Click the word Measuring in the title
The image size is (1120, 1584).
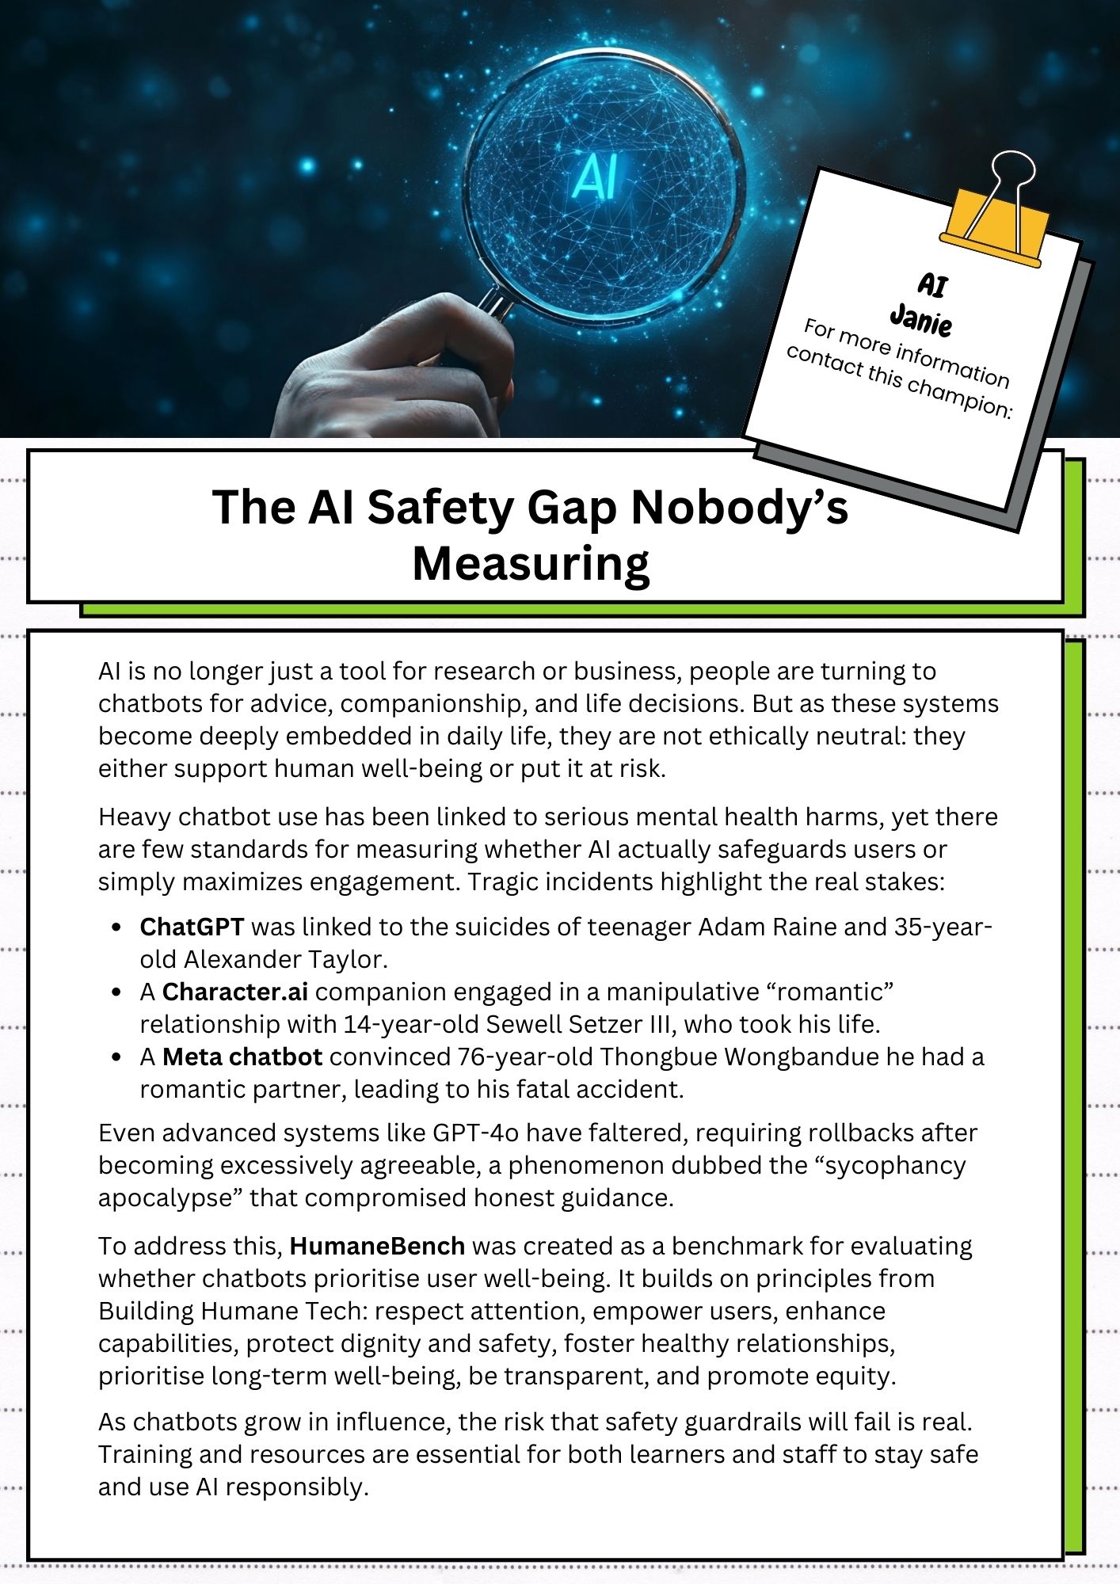[x=531, y=564]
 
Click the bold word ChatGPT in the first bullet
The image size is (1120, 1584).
[x=192, y=927]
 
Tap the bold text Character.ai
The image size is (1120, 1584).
[x=235, y=992]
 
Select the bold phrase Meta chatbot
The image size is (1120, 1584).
[x=242, y=1057]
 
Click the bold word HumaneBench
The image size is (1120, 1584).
[x=377, y=1246]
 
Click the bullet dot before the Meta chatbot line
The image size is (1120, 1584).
[x=117, y=1057]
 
